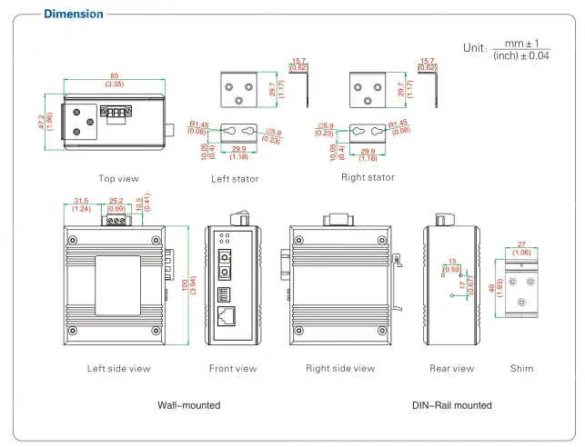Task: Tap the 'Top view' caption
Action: (x=119, y=179)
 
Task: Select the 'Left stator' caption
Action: (x=235, y=179)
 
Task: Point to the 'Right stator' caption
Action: (x=367, y=178)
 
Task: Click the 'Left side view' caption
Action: (x=118, y=369)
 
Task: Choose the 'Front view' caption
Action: (x=233, y=369)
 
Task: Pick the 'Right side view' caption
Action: (x=340, y=369)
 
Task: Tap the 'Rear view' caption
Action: (x=451, y=369)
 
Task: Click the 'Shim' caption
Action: (x=521, y=369)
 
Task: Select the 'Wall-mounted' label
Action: (x=189, y=405)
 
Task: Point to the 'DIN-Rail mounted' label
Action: (x=451, y=405)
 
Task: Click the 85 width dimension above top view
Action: (x=114, y=75)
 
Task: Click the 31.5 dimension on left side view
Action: (x=81, y=202)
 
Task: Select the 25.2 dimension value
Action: (x=116, y=202)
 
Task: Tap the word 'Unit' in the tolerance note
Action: (x=474, y=47)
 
